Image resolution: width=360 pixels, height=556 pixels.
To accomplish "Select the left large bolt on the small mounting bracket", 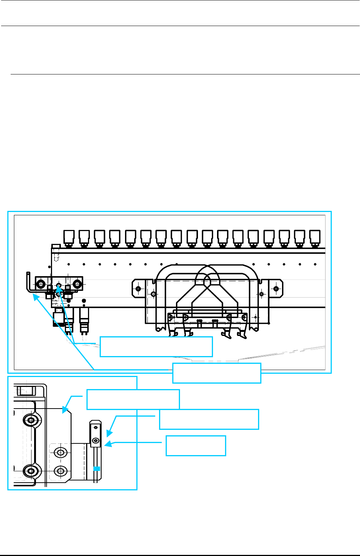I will [40, 284].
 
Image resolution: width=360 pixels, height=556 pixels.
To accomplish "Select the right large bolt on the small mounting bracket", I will [77, 284].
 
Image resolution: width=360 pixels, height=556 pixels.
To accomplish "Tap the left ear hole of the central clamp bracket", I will [138, 289].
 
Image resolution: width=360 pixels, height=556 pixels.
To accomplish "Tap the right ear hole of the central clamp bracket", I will [276, 289].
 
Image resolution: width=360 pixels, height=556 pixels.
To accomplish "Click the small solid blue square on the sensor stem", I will [97, 468].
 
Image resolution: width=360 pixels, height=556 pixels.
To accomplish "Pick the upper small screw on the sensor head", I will [95, 427].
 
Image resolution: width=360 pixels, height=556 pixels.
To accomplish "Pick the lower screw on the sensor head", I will [96, 440].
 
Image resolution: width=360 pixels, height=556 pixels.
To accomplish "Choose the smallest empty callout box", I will [196, 446].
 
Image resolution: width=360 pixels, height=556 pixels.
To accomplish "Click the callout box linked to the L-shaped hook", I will [217, 373].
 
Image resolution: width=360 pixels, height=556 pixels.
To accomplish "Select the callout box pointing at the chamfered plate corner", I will [133, 399].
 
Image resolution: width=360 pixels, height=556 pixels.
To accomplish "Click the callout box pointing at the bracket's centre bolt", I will [156, 347].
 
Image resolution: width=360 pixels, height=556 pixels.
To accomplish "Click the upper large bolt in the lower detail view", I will [31, 420].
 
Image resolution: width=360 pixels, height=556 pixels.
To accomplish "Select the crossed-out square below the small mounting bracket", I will [59, 311].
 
